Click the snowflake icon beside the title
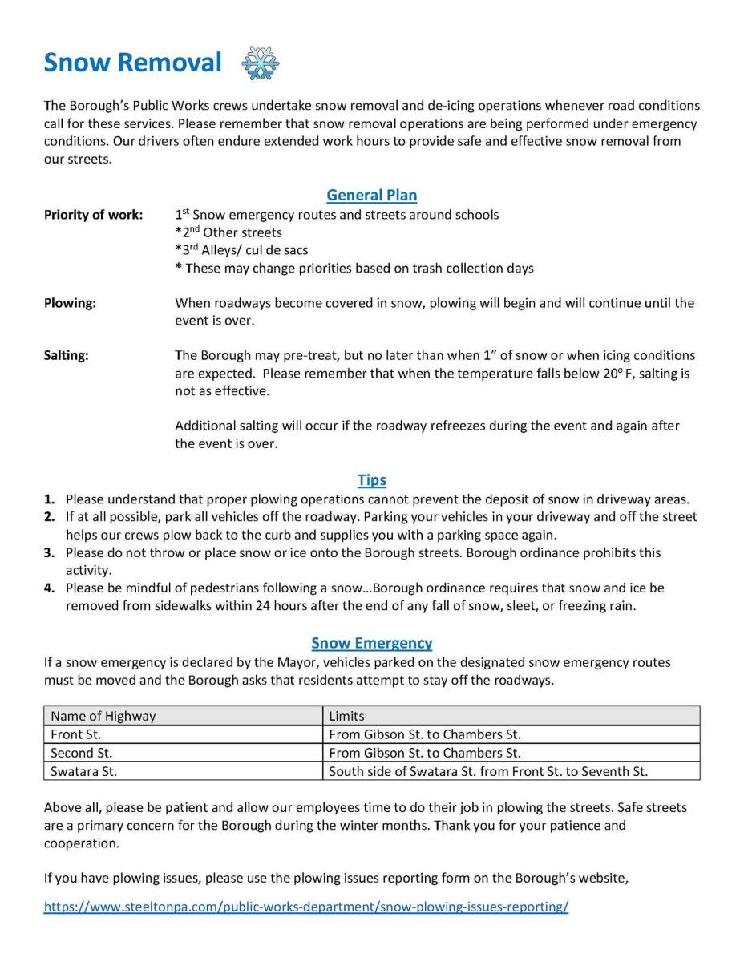261,63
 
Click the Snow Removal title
132,63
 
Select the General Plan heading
372,195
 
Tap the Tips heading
372,480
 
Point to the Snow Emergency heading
372,643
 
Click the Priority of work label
93,215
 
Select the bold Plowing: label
70,303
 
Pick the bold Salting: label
67,355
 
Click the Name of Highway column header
103,716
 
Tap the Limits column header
346,716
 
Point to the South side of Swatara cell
488,771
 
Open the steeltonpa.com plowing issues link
306,907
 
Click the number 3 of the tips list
49,553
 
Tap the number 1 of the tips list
49,499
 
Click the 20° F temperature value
620,374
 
